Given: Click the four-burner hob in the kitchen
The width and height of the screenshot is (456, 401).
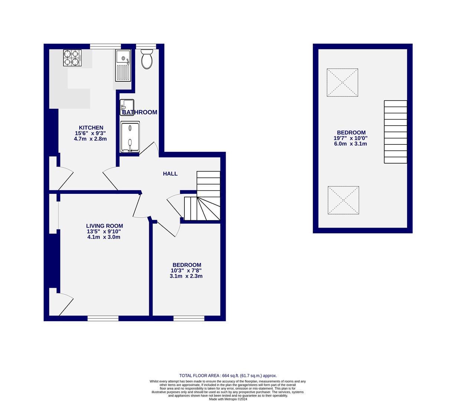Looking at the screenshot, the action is (x=72, y=58).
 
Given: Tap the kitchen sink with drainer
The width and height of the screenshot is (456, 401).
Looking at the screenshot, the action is (x=123, y=65).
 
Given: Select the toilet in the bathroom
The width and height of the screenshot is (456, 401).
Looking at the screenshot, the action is (x=147, y=59).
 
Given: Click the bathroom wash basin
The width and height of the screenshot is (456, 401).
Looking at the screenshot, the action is (x=127, y=107).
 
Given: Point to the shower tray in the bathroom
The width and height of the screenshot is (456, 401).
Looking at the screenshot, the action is (x=130, y=137).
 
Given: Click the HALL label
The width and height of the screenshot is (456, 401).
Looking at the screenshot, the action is (x=170, y=174).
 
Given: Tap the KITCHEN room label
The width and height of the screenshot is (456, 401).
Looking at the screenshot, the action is (x=91, y=128).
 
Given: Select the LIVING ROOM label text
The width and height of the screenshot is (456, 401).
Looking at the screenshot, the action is (x=104, y=226).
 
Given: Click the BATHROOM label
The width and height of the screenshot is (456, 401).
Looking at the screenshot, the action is (x=140, y=112).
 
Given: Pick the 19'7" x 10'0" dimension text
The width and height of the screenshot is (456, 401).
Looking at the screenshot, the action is (x=350, y=138).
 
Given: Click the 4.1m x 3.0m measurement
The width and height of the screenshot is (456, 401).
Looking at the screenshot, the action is (x=104, y=237).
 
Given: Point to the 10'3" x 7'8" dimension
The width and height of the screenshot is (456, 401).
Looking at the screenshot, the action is (x=186, y=271).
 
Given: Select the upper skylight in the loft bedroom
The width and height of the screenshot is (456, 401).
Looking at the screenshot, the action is (x=342, y=83).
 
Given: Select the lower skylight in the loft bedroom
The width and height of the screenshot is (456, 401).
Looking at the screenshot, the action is (x=343, y=200).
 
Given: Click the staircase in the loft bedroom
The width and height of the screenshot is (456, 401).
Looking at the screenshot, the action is (x=396, y=132).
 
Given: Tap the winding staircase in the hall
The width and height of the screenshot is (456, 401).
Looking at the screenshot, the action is (x=202, y=196).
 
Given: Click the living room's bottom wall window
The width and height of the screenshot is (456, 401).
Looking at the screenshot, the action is (x=103, y=318).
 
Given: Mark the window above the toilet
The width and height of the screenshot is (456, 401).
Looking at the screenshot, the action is (x=146, y=46).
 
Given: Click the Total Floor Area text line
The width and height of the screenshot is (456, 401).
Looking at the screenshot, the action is (x=228, y=375).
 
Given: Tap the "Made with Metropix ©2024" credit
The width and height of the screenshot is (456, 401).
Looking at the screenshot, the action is (x=228, y=399).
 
